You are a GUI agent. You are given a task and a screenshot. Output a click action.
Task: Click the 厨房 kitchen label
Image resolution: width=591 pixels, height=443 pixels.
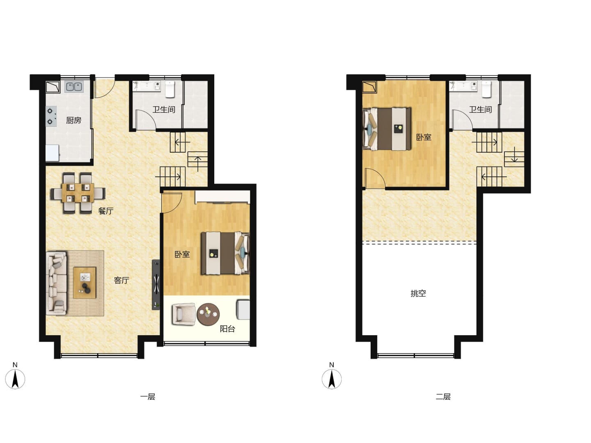[x=74, y=120]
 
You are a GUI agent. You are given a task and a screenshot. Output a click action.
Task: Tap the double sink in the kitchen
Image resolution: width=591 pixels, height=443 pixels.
[x=74, y=87]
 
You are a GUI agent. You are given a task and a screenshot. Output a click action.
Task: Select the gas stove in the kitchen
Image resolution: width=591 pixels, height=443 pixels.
[x=51, y=116]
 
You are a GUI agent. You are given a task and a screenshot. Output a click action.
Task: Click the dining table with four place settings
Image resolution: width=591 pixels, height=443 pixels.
[x=78, y=193]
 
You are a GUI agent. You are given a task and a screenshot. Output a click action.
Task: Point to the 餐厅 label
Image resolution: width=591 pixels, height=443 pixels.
[x=105, y=211]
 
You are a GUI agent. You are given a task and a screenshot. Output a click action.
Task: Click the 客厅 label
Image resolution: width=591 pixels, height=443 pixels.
[x=121, y=280]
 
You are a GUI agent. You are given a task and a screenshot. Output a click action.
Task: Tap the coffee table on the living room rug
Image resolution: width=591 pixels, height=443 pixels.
[x=85, y=283]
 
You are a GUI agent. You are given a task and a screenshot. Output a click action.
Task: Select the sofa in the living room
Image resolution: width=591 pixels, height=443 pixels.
[x=56, y=283]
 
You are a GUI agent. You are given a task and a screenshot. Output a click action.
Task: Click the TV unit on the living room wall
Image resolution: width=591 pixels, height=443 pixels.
[x=156, y=284]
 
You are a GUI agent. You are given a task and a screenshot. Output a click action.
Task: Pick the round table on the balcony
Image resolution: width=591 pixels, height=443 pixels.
[x=208, y=314]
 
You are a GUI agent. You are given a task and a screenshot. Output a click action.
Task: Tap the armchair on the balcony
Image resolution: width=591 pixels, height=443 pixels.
[x=184, y=314]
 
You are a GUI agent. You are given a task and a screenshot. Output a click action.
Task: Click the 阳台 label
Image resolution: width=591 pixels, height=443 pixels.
[x=227, y=329]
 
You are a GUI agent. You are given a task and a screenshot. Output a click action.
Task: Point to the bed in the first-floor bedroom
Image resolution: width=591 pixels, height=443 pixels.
[x=225, y=253]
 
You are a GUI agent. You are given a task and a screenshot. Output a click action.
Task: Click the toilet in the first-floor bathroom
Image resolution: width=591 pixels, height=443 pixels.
[x=170, y=89]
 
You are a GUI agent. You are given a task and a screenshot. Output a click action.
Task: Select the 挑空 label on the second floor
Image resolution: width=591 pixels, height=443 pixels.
[x=418, y=293]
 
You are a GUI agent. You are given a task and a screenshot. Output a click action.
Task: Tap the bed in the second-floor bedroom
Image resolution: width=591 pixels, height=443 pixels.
[x=387, y=129]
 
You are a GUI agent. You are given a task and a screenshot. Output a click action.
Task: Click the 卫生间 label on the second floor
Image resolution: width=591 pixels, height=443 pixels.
[x=480, y=110]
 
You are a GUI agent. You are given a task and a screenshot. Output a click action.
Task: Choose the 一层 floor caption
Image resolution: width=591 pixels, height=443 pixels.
[x=148, y=397]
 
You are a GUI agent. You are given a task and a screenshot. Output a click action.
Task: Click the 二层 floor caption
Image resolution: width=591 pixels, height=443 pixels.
[x=443, y=397]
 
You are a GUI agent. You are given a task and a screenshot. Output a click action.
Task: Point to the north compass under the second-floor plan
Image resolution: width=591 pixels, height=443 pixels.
[x=332, y=377]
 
